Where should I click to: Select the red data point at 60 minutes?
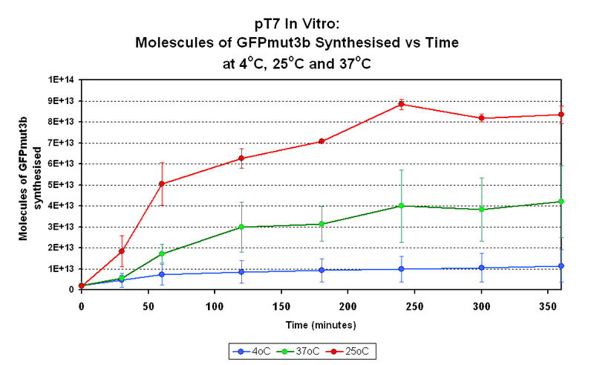click(x=161, y=184)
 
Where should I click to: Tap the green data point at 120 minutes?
click(x=241, y=227)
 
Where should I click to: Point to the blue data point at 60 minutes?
click(x=161, y=274)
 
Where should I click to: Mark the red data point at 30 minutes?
click(x=121, y=251)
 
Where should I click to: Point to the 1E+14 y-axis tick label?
click(x=62, y=80)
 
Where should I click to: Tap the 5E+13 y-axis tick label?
click(x=62, y=184)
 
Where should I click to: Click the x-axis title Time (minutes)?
click(x=322, y=325)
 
